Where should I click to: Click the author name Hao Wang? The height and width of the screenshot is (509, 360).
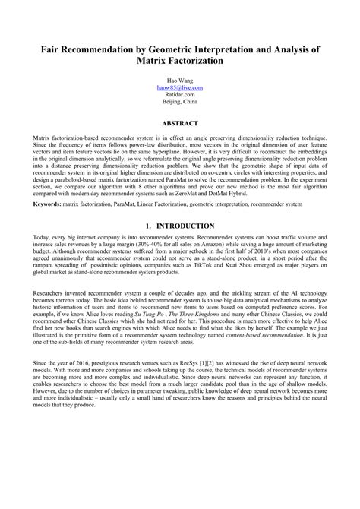click(x=180, y=80)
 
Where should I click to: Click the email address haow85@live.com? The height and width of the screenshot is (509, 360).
click(x=180, y=87)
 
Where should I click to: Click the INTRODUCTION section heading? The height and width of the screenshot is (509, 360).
click(x=186, y=226)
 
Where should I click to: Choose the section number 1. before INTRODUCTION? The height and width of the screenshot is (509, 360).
click(x=148, y=226)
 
